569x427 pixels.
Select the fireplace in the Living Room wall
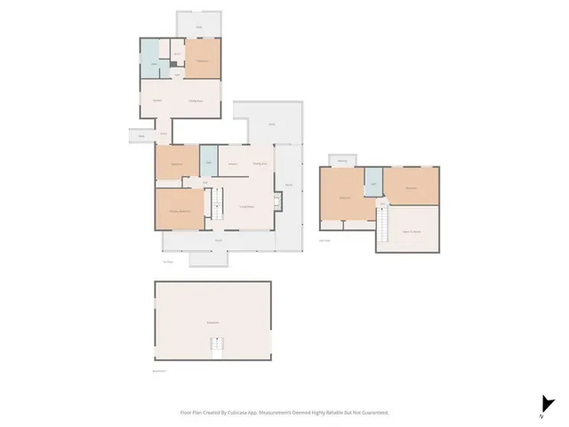(x=278, y=202)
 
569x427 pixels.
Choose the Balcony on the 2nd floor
(x=342, y=161)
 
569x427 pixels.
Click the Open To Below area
(x=411, y=230)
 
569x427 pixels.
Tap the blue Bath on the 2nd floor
(x=373, y=183)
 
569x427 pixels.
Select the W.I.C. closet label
(x=178, y=54)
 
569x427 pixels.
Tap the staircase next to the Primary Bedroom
(x=215, y=207)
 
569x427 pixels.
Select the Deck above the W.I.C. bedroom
(x=199, y=27)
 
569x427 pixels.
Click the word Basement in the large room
(x=212, y=322)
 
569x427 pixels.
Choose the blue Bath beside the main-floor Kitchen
(x=209, y=161)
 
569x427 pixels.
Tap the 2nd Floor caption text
(x=325, y=239)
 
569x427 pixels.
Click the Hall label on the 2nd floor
(x=382, y=204)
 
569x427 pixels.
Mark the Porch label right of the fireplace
(x=289, y=185)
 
